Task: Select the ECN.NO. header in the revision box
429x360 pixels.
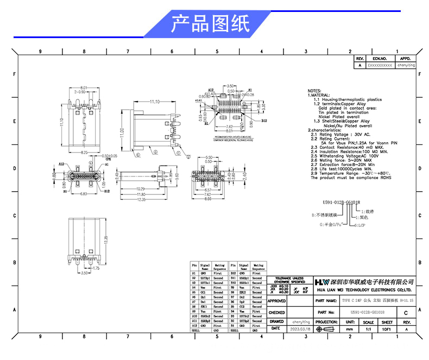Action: point(379,58)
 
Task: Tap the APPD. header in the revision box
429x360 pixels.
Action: point(405,58)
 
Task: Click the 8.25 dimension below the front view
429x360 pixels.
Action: point(84,153)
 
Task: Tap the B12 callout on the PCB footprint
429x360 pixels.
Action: point(264,121)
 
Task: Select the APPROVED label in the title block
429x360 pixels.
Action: point(277,300)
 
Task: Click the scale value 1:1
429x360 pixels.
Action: point(368,329)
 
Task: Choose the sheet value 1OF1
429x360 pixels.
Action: point(387,329)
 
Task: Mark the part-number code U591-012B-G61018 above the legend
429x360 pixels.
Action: point(342,202)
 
